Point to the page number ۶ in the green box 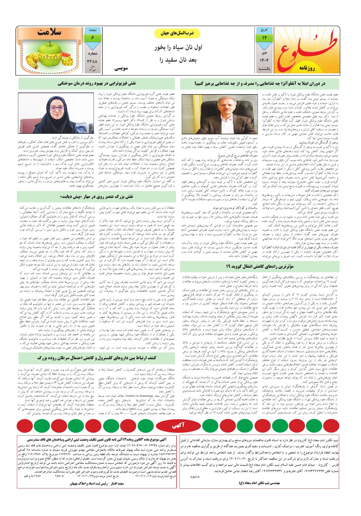93,38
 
